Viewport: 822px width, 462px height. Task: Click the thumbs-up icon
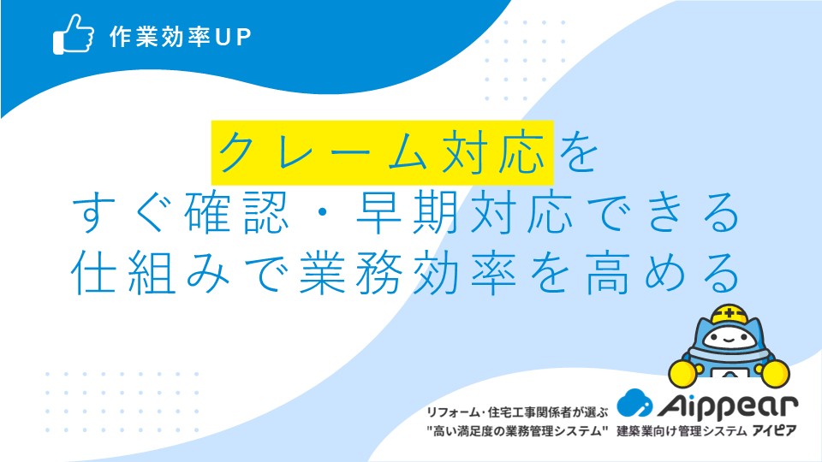click(x=74, y=34)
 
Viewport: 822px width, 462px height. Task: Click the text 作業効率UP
click(x=181, y=37)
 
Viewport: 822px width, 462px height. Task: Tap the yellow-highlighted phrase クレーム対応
click(x=382, y=152)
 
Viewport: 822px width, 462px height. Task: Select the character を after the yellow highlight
click(x=578, y=152)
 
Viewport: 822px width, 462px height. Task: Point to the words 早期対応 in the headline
click(x=464, y=212)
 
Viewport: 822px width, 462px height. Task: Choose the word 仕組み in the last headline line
click(x=151, y=272)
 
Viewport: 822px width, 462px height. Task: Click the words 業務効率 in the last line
click(x=408, y=272)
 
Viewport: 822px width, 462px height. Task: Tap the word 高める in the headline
click(x=663, y=272)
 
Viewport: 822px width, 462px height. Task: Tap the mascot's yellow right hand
click(x=774, y=372)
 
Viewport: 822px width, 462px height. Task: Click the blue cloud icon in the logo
click(x=634, y=403)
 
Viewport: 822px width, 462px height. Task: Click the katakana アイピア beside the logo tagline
click(x=774, y=430)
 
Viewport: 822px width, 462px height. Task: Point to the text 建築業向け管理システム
click(x=682, y=431)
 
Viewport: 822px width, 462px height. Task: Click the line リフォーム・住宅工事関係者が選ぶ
click(x=517, y=412)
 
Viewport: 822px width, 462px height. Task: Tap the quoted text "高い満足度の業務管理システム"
click(x=517, y=431)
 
